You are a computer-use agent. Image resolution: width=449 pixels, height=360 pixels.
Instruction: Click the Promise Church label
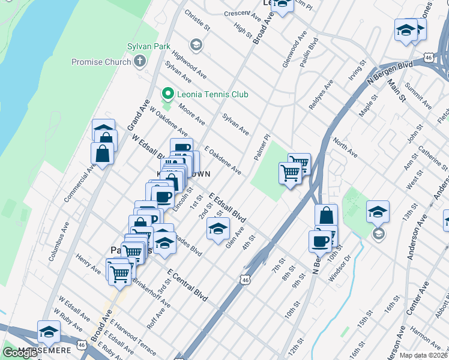tap(101, 62)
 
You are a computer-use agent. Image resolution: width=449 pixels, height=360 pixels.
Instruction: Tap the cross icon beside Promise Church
tap(140, 61)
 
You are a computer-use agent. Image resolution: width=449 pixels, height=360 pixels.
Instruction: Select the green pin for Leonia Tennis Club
tap(167, 94)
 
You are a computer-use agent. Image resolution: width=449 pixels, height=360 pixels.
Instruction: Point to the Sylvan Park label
tap(149, 46)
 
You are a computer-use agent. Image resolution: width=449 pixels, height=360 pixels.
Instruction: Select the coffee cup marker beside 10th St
tap(320, 241)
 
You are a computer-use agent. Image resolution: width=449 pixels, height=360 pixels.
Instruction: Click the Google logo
tap(20, 352)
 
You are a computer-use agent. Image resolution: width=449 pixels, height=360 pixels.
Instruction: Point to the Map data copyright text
tap(424, 355)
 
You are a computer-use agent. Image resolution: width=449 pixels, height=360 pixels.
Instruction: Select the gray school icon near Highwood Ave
tap(196, 45)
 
